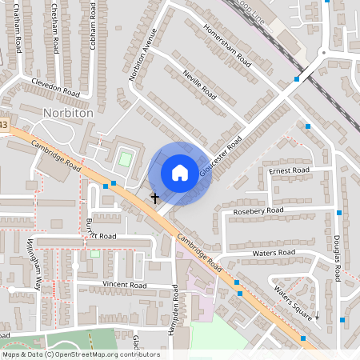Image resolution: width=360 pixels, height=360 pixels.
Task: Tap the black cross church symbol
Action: (154, 196)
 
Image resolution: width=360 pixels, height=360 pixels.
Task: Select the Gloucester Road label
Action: (221, 157)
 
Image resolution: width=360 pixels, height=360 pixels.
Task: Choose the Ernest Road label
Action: (290, 170)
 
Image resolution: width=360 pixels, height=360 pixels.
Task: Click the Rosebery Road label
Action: (258, 210)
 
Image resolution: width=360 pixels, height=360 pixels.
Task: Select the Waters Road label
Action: (274, 253)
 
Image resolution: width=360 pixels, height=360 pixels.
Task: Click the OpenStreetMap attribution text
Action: (81, 354)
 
